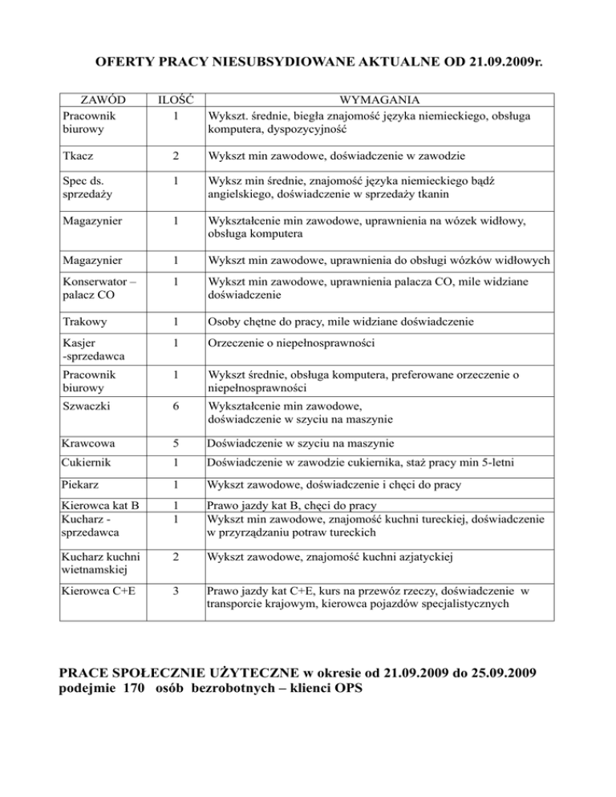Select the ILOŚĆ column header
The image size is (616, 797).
tap(173, 100)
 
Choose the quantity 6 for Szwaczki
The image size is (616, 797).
tap(174, 407)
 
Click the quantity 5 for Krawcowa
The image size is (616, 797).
tap(174, 443)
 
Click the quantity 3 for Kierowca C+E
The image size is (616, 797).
tap(174, 590)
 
